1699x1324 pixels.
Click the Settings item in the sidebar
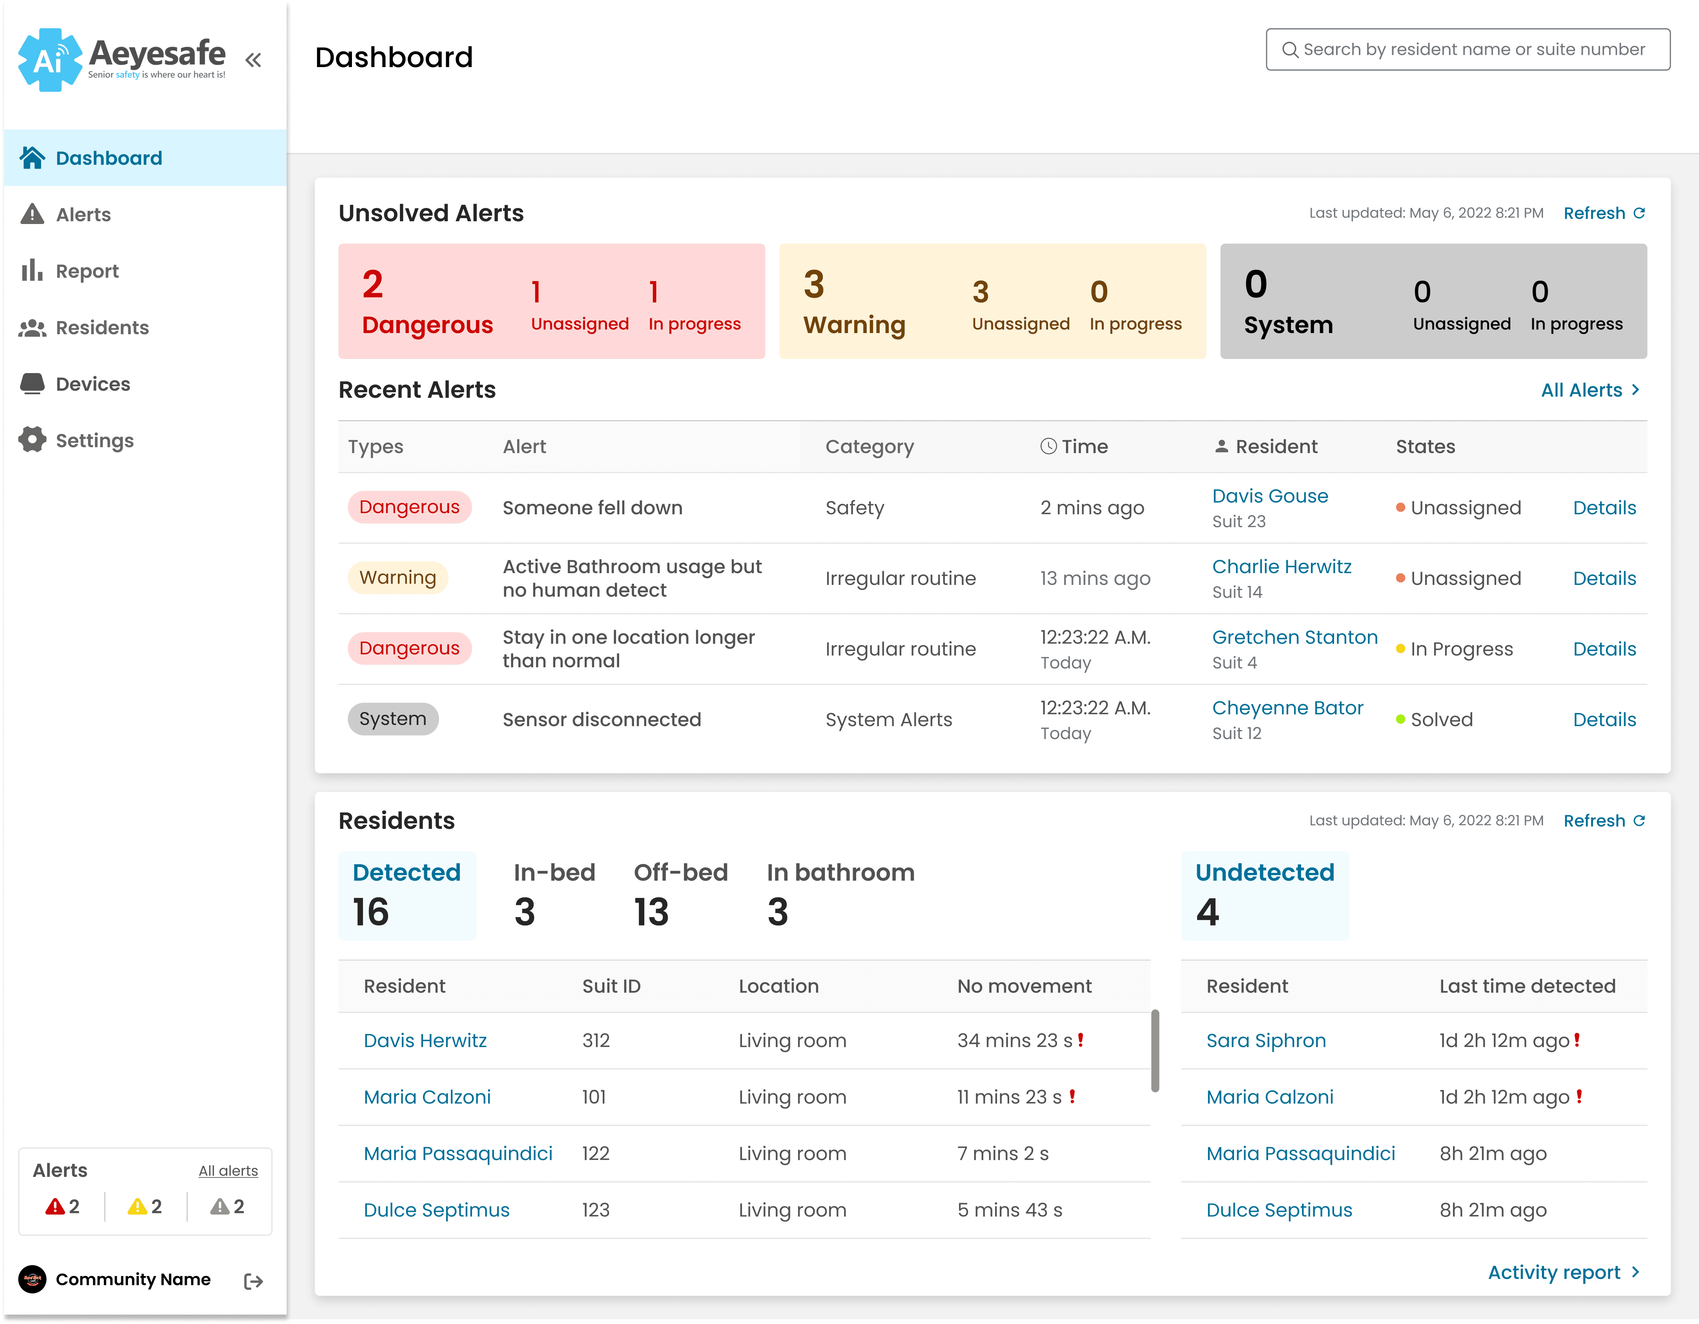tap(76, 440)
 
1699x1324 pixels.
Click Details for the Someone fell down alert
tap(1604, 508)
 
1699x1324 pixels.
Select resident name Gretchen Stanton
tap(1294, 637)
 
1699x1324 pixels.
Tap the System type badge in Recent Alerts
tap(393, 719)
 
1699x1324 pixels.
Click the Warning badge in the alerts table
tap(397, 577)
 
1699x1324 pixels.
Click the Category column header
tap(869, 446)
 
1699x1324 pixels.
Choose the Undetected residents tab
tap(1264, 894)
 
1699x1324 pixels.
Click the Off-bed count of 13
tap(651, 912)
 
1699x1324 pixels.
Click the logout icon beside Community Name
tap(253, 1280)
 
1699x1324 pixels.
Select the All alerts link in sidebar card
tap(228, 1171)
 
